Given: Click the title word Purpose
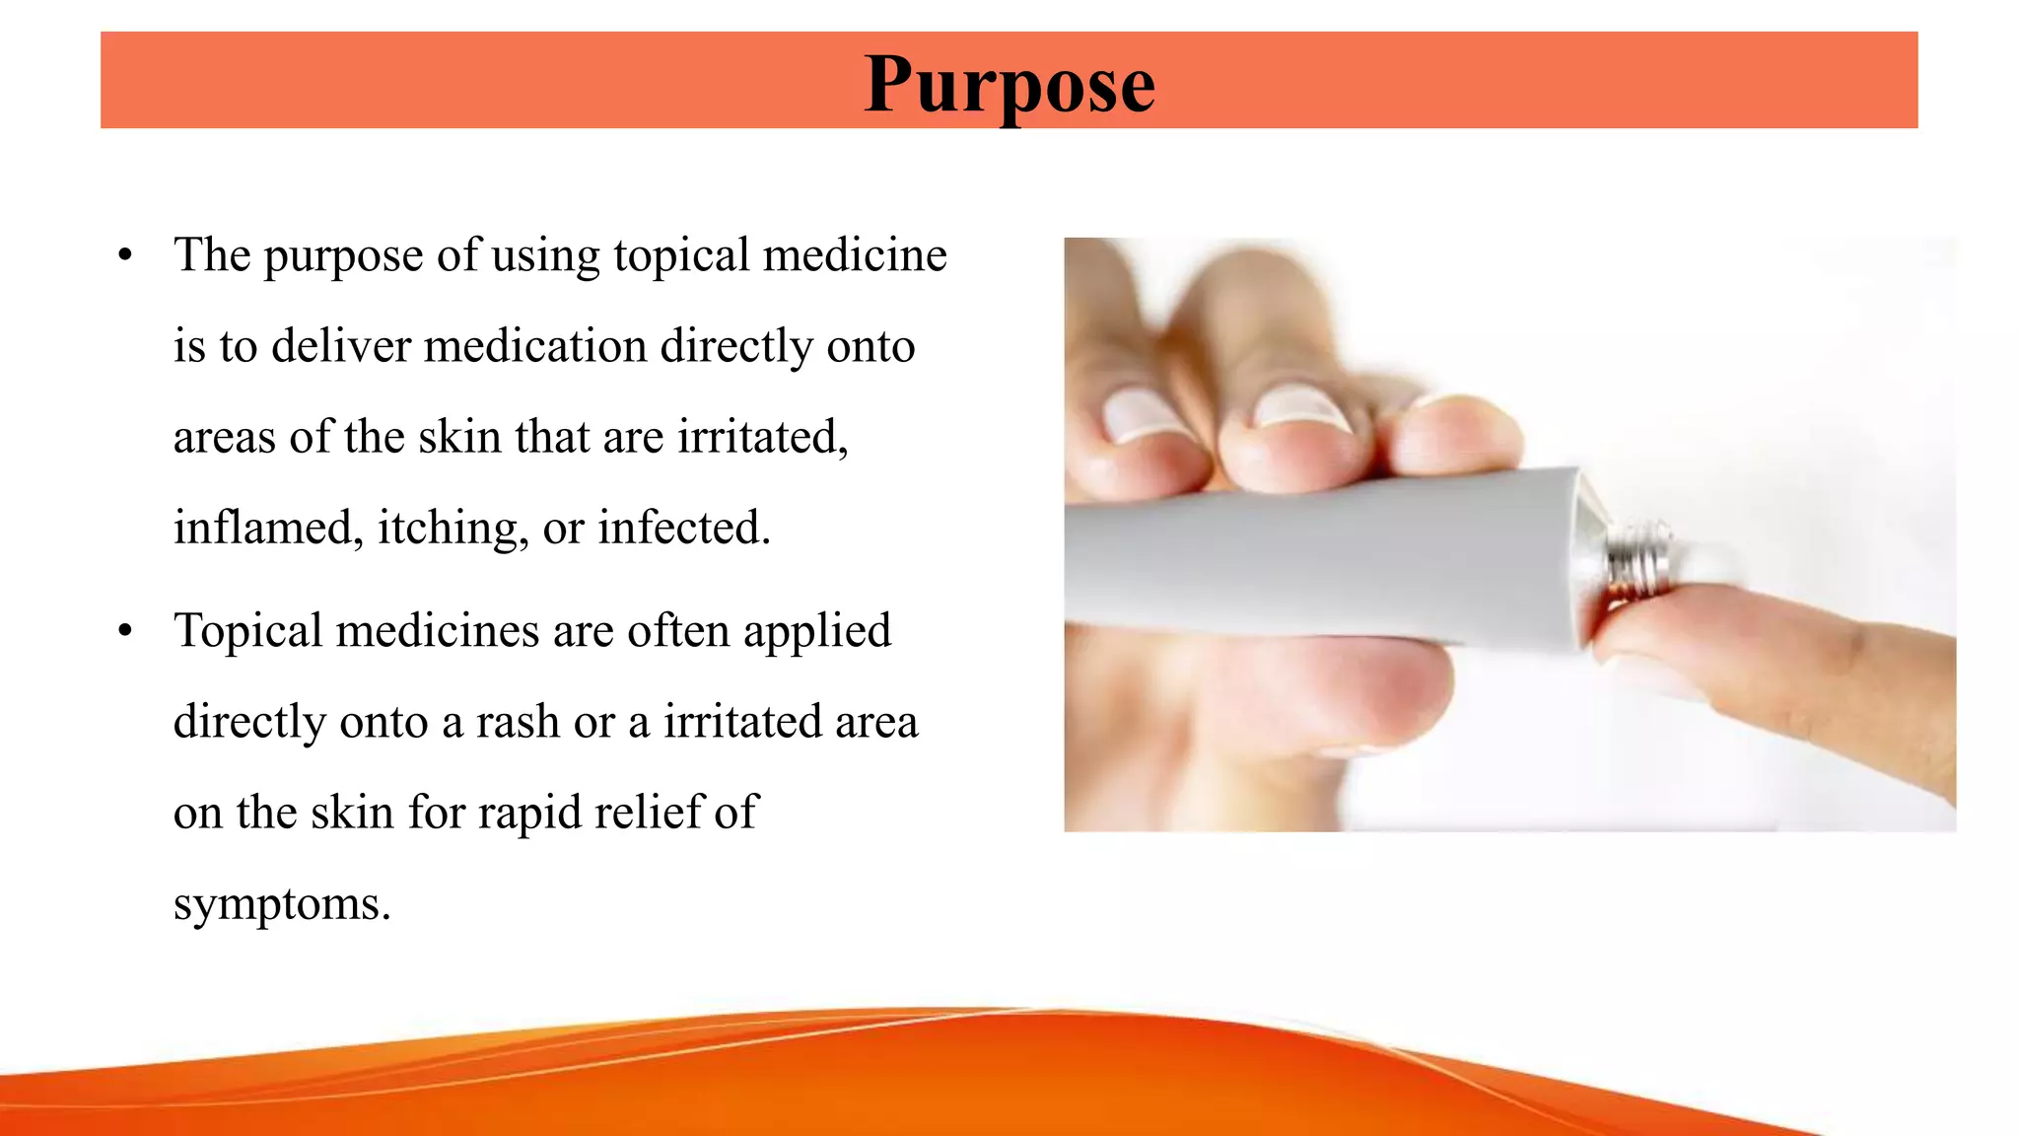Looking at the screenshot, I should (1009, 85).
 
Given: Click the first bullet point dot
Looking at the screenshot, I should (125, 256).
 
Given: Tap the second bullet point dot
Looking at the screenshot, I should (125, 631).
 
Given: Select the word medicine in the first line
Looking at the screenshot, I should (855, 255).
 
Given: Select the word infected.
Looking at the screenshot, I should (683, 528).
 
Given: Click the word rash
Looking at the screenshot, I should (518, 722).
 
